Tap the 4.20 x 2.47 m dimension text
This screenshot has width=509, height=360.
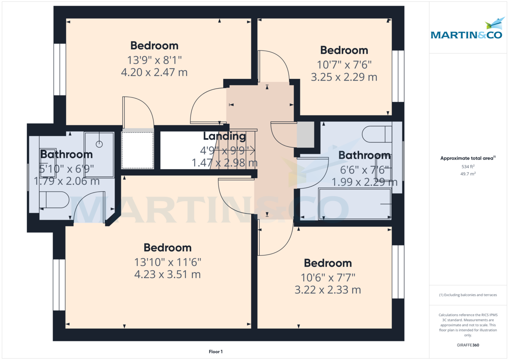[154, 73]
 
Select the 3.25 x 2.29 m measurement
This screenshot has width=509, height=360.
[344, 77]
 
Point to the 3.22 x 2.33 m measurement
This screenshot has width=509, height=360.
[327, 290]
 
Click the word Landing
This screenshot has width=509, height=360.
[224, 136]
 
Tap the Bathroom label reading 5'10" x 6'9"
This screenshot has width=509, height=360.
[66, 154]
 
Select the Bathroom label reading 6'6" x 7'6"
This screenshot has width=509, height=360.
[364, 156]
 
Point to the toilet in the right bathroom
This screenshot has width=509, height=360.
[377, 134]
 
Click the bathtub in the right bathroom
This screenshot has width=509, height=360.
[355, 204]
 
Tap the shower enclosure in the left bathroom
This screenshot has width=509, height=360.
[99, 155]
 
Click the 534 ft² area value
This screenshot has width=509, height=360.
[467, 167]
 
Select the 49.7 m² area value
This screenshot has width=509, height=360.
[467, 173]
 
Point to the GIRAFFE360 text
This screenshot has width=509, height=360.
[467, 345]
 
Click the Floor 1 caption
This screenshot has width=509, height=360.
[215, 352]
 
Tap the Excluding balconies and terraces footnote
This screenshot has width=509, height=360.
[467, 295]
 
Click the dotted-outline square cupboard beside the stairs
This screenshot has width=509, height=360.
[137, 150]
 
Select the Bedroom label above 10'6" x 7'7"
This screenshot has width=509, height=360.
[327, 263]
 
